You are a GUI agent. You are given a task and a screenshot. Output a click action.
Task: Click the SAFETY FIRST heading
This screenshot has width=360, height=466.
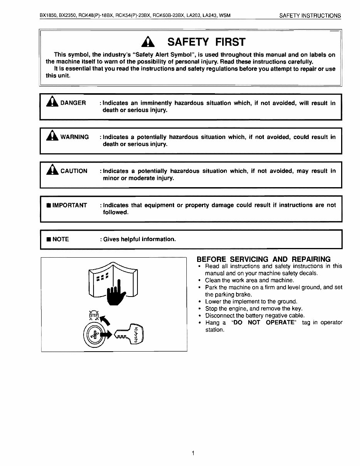[x=206, y=42]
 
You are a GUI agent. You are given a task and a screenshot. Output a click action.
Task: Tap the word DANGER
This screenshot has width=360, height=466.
[x=73, y=103]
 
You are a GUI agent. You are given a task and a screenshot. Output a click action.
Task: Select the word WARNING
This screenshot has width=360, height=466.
[x=74, y=137]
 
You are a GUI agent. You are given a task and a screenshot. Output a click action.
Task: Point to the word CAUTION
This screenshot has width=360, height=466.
[x=74, y=171]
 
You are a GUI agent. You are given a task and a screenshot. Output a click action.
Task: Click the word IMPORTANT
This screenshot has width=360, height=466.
[x=69, y=205]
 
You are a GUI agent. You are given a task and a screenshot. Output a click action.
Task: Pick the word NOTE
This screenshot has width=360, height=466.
[x=60, y=239]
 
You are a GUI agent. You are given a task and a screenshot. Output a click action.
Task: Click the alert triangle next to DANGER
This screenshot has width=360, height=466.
[x=52, y=102]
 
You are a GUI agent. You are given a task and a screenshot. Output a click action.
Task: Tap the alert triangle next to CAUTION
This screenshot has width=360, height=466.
[x=52, y=170]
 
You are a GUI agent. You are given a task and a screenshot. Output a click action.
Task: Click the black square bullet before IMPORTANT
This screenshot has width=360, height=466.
[x=48, y=205]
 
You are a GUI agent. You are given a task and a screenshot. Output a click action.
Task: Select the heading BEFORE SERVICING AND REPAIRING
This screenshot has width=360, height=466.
[x=263, y=259]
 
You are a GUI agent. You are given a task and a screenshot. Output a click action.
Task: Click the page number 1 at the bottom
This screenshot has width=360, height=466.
[x=193, y=453]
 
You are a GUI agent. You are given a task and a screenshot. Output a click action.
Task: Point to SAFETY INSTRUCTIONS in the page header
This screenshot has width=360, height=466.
[x=310, y=16]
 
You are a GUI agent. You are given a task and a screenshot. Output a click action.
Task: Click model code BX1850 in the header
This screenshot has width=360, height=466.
[x=49, y=16]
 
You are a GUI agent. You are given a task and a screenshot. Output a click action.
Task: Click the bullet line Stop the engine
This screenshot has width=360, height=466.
[x=248, y=308]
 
